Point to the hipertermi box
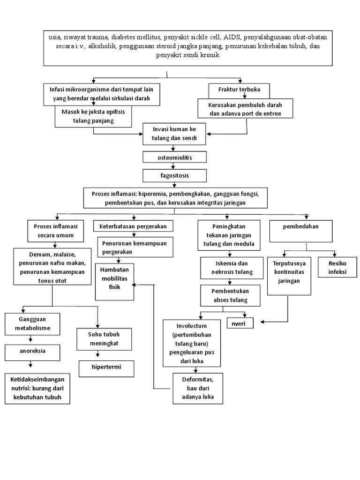pos(106,367)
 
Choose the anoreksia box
pos(32,351)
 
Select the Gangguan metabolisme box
pos(32,323)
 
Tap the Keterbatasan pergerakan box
pos(133,226)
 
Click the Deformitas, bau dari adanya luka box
pos(197,388)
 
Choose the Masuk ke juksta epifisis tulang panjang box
pos(93,116)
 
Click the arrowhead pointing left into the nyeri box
pos(262,322)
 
